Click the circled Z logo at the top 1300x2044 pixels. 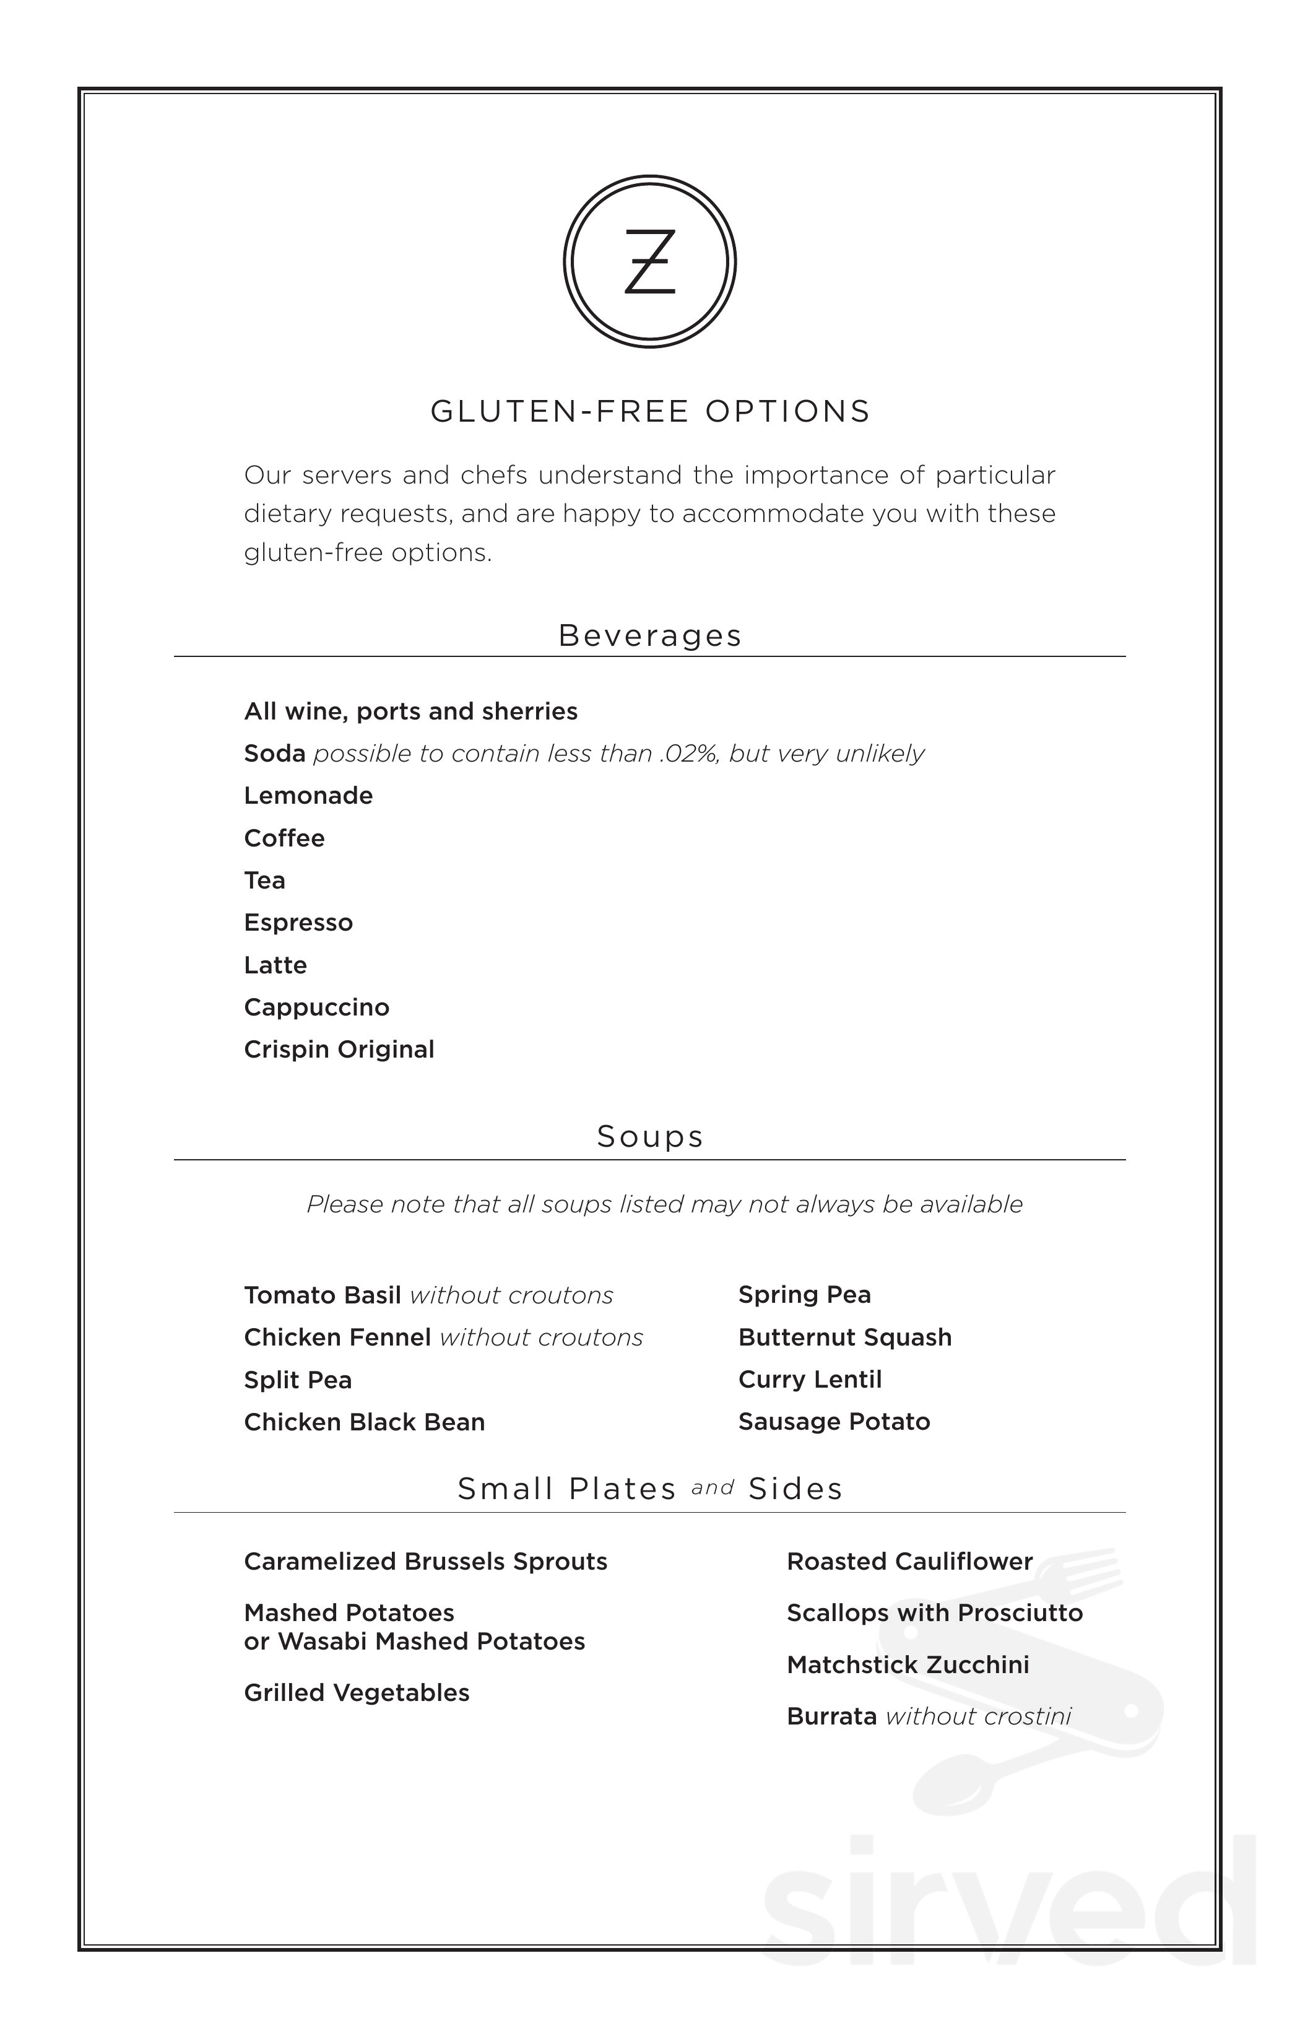649,261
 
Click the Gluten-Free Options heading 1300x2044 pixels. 650,412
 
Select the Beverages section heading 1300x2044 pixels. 650,636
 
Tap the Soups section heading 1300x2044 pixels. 650,1137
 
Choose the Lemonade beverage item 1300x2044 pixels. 308,795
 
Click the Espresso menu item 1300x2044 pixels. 298,923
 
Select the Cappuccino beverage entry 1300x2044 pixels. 316,1007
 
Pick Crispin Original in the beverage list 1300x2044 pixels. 339,1050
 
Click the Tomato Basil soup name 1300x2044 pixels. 323,1295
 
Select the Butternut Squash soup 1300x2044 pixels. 844,1337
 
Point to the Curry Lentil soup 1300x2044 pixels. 810,1380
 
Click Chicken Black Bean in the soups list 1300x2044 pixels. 364,1423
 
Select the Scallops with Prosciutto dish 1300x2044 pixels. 934,1613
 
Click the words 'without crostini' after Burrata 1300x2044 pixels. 977,1716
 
